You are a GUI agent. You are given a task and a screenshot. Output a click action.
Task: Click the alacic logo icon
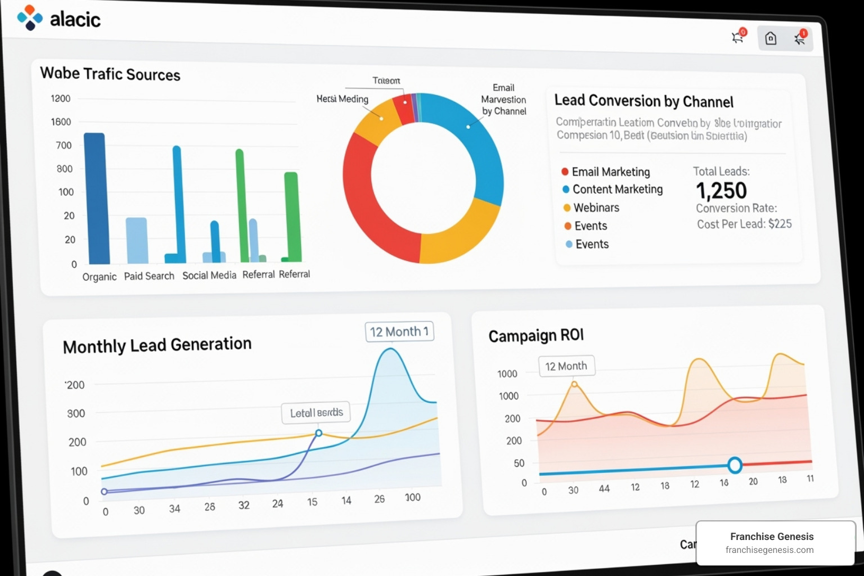pos(30,17)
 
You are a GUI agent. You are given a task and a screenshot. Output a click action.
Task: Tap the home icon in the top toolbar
pos(771,38)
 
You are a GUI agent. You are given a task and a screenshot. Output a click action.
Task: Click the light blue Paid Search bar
pos(137,240)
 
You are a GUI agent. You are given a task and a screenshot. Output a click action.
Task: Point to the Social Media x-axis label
pos(209,275)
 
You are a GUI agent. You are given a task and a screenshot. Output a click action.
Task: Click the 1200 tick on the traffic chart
pos(61,98)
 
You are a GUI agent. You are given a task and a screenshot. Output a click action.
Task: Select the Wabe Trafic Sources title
pos(110,74)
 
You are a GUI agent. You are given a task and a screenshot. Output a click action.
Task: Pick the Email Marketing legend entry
pos(610,172)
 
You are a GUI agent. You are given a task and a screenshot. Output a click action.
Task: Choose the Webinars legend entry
pos(596,208)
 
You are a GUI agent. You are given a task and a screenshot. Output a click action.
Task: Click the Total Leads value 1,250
pos(721,191)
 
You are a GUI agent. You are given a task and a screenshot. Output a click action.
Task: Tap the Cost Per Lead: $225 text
pos(744,224)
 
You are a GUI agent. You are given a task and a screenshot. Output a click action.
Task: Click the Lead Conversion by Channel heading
pos(643,101)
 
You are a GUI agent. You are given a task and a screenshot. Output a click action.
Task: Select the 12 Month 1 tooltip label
pos(399,331)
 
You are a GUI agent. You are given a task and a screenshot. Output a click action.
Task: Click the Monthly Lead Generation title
pos(157,345)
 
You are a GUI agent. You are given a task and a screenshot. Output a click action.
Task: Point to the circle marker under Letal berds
pos(319,433)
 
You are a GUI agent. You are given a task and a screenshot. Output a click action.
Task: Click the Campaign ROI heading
pos(536,336)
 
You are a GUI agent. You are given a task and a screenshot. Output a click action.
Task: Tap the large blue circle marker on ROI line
pos(735,465)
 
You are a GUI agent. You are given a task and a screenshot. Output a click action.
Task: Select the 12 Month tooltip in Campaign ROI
pos(566,366)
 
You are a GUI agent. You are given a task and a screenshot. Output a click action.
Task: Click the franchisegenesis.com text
pos(769,550)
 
